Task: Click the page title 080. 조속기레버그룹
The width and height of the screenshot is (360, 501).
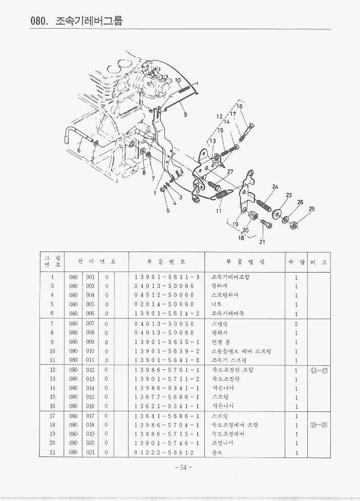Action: [77, 22]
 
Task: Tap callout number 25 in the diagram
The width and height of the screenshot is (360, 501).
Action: [312, 210]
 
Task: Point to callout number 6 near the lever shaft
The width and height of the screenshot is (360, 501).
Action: [78, 150]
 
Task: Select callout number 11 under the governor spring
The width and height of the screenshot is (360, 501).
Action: [219, 211]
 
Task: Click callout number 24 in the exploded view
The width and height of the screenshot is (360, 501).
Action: [275, 187]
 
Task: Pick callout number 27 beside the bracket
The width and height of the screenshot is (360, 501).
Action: [230, 172]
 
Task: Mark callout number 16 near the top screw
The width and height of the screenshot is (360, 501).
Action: [239, 107]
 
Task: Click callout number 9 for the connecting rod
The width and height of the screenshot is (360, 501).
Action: [185, 115]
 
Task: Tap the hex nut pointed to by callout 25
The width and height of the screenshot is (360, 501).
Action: [295, 224]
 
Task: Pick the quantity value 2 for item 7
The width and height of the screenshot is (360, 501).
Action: [296, 324]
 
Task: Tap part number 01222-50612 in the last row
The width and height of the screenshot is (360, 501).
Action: [164, 453]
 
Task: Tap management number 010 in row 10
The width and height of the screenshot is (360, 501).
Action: [90, 351]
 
